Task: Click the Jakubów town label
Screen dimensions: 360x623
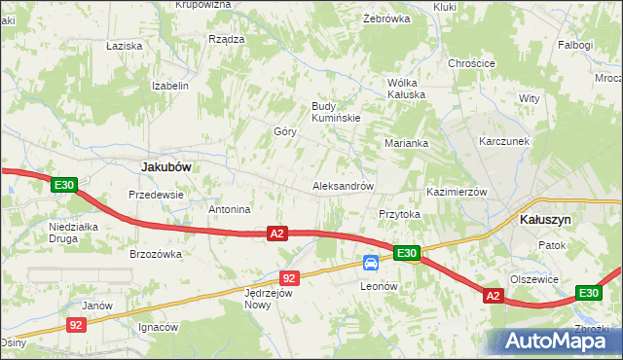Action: [165, 166]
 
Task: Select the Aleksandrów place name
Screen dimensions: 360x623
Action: [343, 186]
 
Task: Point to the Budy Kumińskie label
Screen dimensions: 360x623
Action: [336, 112]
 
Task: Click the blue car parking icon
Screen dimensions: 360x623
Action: [371, 263]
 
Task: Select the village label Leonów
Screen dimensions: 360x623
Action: [380, 286]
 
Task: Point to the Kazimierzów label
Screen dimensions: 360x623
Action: [457, 193]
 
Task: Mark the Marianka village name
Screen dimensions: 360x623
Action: [406, 143]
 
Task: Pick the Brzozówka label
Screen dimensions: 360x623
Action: [156, 254]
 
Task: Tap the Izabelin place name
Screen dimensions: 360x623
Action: [169, 86]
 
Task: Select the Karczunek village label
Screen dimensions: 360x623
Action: [503, 141]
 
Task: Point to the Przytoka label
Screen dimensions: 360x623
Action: [398, 214]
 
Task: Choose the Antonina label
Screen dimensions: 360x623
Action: [231, 209]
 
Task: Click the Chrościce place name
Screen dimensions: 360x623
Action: [472, 63]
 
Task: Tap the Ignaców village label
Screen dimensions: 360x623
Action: [160, 327]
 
